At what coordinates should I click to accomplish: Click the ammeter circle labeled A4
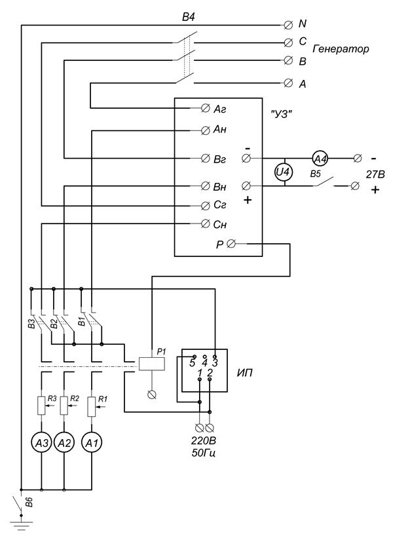(x=318, y=158)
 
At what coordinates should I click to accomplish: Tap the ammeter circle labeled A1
(x=92, y=444)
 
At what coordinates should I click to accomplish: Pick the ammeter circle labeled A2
(x=64, y=444)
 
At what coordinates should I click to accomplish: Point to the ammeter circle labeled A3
(x=42, y=444)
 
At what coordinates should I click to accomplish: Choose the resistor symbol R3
(x=41, y=406)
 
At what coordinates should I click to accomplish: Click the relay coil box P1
(x=152, y=363)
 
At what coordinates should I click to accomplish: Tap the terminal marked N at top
(x=289, y=24)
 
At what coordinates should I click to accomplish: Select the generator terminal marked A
(x=289, y=83)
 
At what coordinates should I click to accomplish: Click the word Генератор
(x=341, y=49)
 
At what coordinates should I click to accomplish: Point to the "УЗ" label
(x=281, y=113)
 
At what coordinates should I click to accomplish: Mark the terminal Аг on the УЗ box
(x=206, y=107)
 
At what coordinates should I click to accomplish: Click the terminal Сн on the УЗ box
(x=206, y=224)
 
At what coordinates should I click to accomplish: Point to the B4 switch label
(x=189, y=14)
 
